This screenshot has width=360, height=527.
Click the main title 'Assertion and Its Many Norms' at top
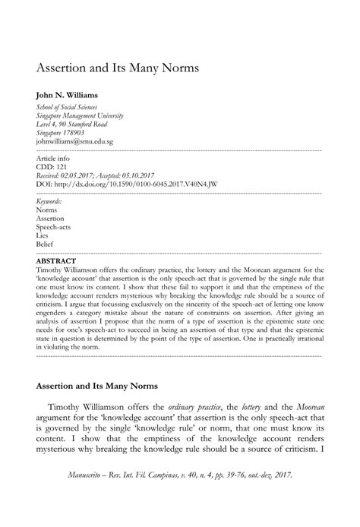click(x=118, y=67)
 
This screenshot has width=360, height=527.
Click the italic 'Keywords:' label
click(x=49, y=201)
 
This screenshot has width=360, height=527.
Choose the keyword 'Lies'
click(x=42, y=236)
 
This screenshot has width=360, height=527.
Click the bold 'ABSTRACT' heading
click(x=56, y=260)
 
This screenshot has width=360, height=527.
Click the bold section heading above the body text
click(x=96, y=385)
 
